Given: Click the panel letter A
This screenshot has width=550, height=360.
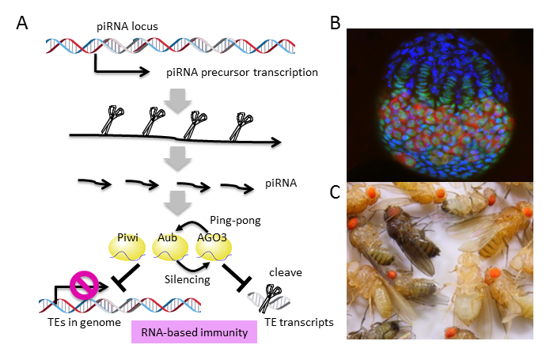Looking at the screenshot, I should (x=23, y=22).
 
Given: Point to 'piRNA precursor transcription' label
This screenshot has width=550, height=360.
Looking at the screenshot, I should (x=241, y=74).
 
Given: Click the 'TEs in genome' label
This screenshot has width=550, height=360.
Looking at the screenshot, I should (x=74, y=323).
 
